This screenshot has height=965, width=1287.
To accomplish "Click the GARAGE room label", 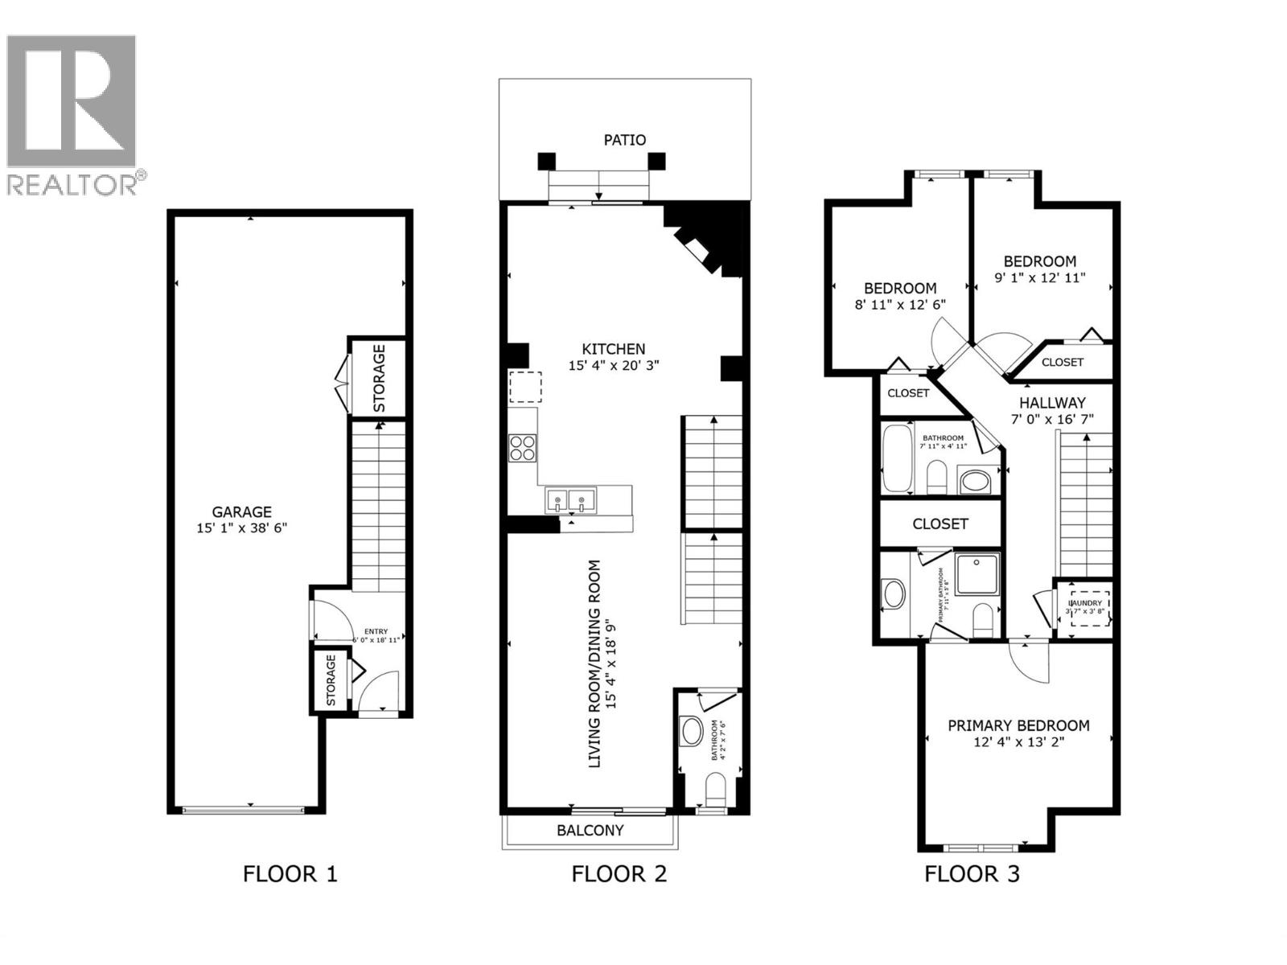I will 241,511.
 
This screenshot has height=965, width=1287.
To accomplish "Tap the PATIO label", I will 624,140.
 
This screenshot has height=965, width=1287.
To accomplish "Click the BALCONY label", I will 590,831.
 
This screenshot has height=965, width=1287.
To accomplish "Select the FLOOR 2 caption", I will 619,874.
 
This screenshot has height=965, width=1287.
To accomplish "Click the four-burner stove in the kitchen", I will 523,448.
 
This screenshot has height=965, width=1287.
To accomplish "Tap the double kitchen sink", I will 569,500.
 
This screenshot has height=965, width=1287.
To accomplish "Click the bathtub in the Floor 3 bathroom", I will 896,459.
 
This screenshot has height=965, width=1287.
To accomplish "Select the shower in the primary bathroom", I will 977,573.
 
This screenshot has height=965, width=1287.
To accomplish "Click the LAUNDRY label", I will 1085,603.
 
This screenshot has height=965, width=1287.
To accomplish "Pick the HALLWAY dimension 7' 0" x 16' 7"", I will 1052,419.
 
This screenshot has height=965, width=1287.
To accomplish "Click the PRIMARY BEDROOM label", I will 1018,725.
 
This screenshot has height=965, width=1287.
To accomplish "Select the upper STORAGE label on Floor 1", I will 379,378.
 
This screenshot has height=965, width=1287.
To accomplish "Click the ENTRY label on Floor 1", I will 376,631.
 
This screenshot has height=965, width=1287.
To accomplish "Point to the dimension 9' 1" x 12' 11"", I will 1040,278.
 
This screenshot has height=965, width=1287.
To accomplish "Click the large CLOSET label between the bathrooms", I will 940,524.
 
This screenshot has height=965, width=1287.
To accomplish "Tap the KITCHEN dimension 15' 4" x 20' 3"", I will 614,366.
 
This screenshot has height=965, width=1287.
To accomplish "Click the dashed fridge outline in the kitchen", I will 524,387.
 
